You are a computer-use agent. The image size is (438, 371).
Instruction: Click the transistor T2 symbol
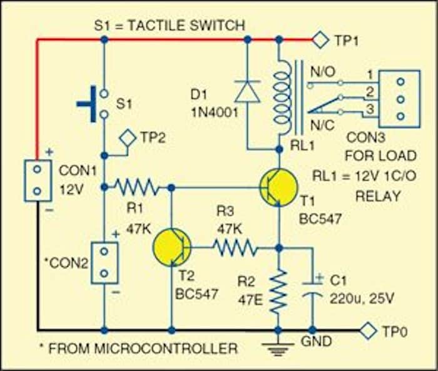[x=171, y=248]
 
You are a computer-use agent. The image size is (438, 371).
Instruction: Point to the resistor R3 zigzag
[x=235, y=248]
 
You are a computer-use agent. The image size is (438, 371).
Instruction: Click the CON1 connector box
[x=37, y=180]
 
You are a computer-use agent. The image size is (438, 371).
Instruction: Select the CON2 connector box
[x=104, y=262]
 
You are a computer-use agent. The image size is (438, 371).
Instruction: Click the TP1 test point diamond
[x=321, y=41]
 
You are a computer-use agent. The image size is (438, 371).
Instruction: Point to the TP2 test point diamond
[x=128, y=138]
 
